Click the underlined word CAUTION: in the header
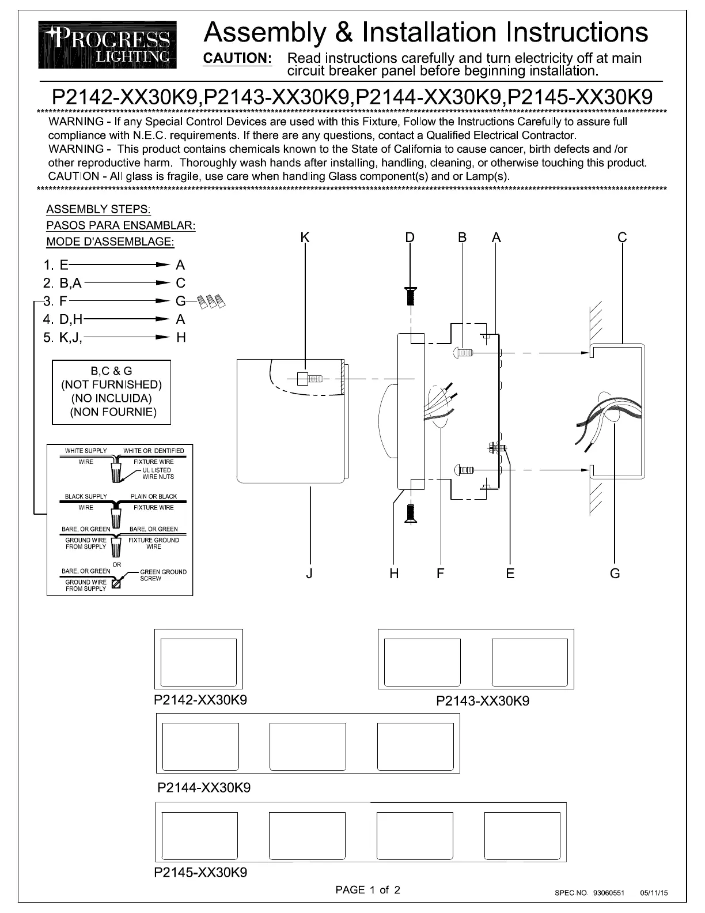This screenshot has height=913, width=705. coord(238,58)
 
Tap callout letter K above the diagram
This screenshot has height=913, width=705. coord(305,237)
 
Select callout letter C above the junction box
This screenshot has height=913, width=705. coord(622,237)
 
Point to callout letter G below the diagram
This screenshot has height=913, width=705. coord(615,574)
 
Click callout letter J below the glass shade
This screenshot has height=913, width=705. coord(310,574)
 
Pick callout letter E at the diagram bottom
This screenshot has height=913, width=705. coord(510,574)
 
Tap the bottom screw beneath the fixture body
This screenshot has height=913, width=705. coord(411,512)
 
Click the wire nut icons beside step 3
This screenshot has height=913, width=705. coord(210,301)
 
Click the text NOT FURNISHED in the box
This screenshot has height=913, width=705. coord(112,384)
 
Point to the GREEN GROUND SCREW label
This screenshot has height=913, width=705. coord(163,575)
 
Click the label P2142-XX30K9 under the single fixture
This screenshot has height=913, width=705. coord(200,700)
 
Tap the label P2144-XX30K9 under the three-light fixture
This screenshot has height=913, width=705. coord(204,787)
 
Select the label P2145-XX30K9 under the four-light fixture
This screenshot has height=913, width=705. coord(201,873)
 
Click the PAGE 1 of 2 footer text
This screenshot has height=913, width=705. coord(367,890)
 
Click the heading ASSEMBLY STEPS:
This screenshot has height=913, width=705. coord(98,209)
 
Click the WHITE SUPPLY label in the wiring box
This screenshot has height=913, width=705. coord(86,451)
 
